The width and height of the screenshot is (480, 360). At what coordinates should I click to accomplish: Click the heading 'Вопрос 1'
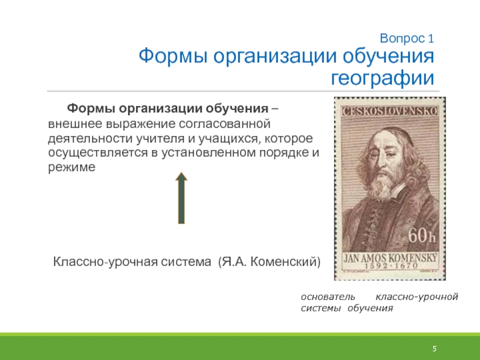coord(407,38)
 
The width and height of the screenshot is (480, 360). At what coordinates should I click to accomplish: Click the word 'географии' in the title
coord(383,78)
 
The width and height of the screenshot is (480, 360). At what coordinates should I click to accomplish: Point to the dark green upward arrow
coord(181,198)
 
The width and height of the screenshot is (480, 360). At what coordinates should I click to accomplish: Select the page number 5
coord(434,349)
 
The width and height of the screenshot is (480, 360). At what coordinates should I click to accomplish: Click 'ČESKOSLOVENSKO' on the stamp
coord(390,111)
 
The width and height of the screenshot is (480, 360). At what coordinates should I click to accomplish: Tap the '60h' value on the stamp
coord(422,235)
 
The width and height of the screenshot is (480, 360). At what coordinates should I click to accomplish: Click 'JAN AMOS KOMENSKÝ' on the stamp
coord(390,259)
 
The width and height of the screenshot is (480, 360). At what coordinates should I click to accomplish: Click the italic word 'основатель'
coord(328,296)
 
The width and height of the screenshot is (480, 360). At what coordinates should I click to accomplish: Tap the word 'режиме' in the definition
coord(71,167)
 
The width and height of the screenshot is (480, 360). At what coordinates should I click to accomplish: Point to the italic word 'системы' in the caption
coord(321,308)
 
